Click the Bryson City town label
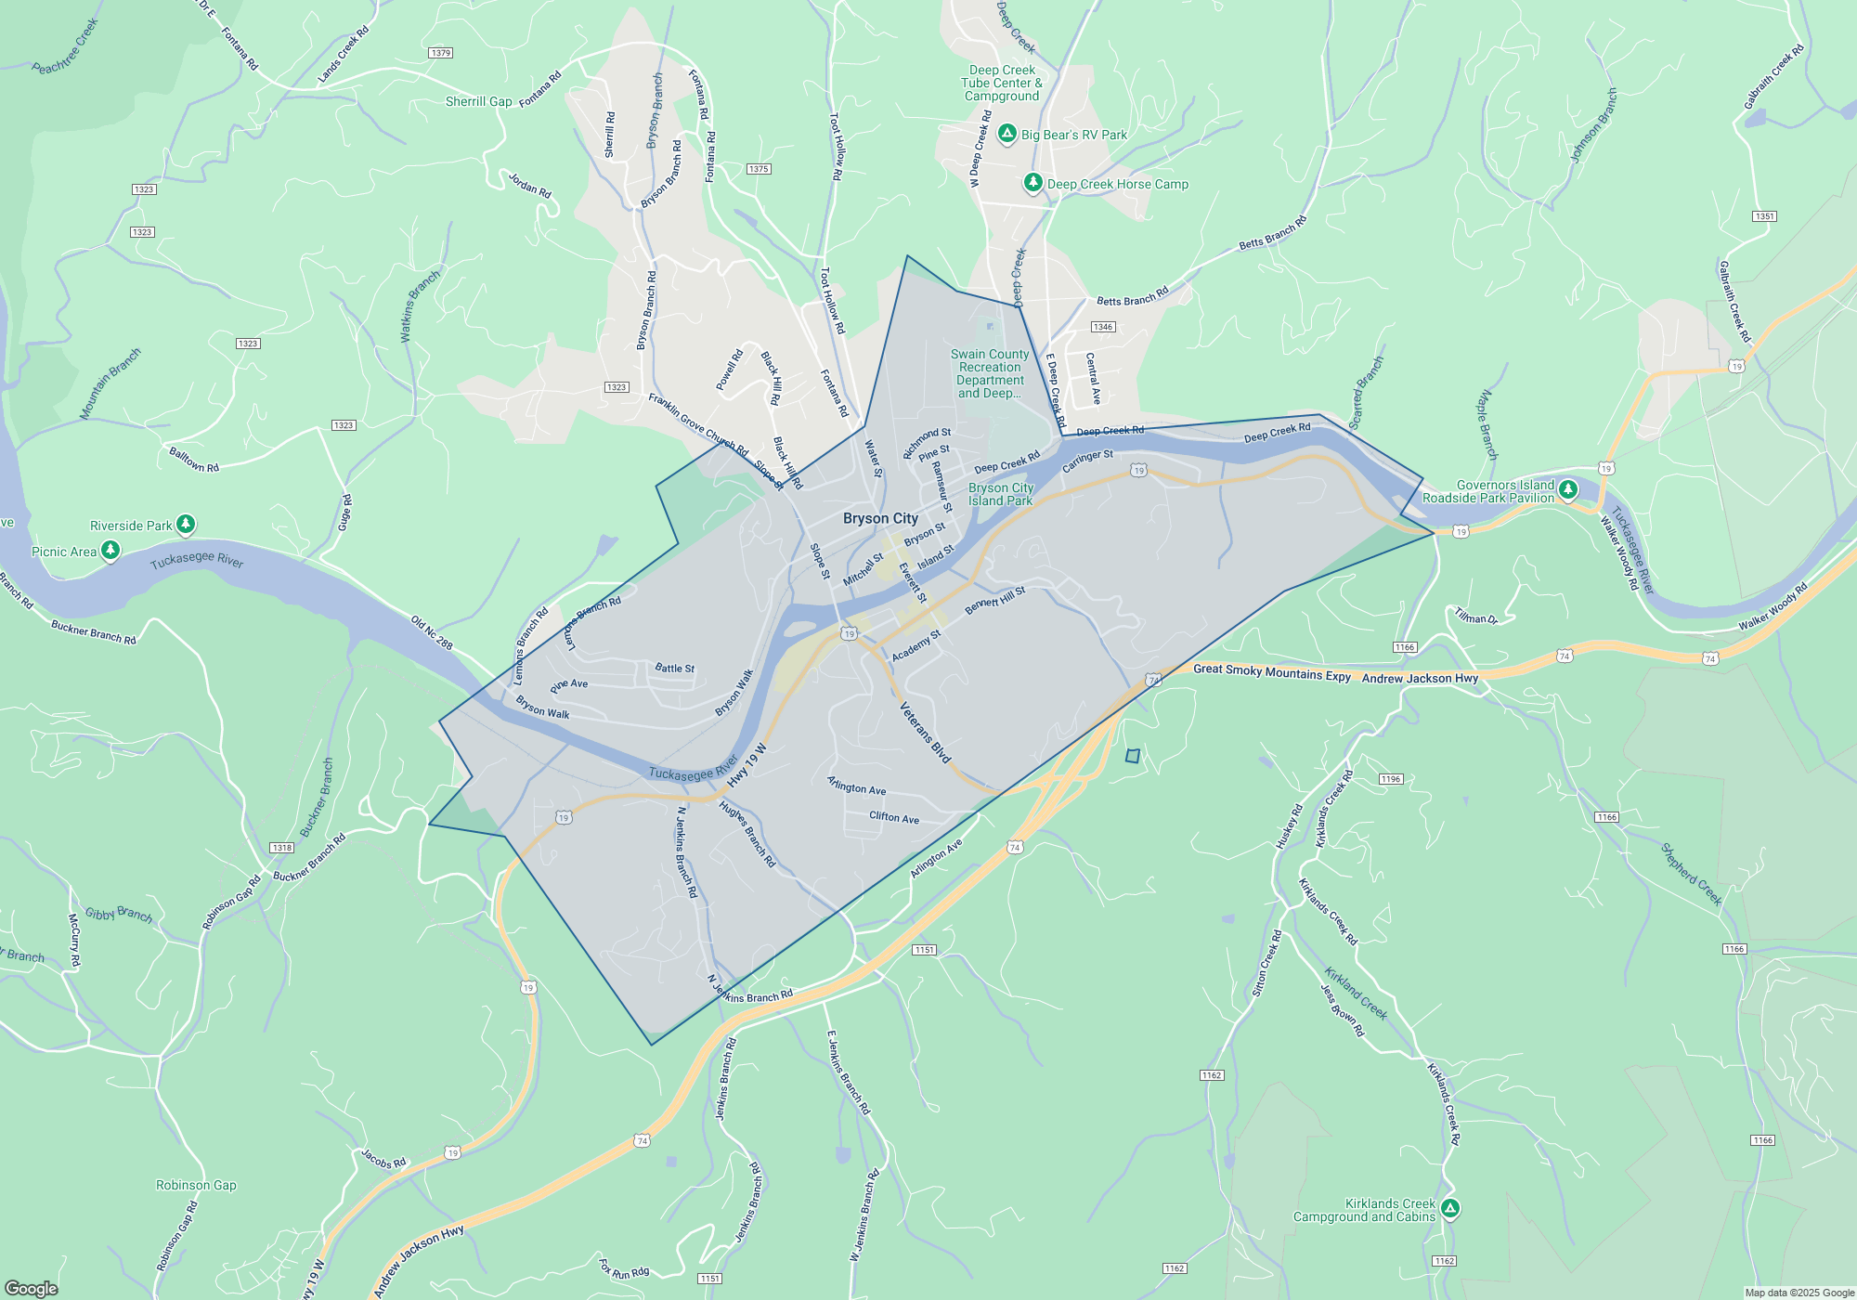(x=880, y=518)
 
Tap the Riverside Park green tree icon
(x=186, y=525)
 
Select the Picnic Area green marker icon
(x=110, y=551)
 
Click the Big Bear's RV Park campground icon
(x=1006, y=135)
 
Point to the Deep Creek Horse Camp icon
(x=1032, y=183)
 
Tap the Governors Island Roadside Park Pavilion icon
(x=1568, y=489)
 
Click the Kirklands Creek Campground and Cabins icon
(x=1450, y=1209)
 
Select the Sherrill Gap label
(x=478, y=101)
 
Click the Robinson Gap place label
(x=196, y=1185)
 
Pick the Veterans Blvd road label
(x=926, y=733)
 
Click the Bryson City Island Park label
(x=1000, y=494)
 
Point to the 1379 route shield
(x=441, y=53)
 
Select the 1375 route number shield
(x=759, y=169)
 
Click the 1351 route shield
(x=1764, y=216)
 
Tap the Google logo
(x=31, y=1288)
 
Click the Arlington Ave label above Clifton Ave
(x=856, y=786)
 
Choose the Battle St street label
(x=674, y=668)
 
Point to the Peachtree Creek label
(x=65, y=46)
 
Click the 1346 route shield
(x=1102, y=327)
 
